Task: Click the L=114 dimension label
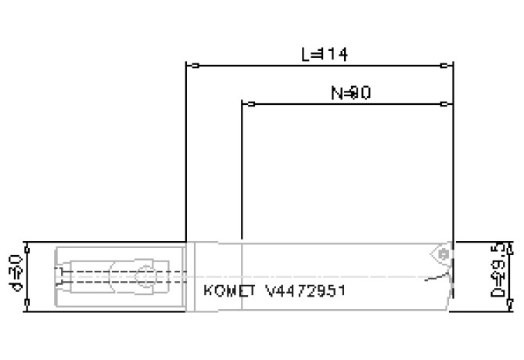pos(324,55)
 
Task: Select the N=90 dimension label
pos(350,93)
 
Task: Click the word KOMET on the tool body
pos(231,290)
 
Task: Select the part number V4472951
pos(306,290)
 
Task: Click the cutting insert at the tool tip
pos(440,254)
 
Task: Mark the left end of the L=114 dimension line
pos(186,65)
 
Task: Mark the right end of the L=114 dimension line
pos(453,65)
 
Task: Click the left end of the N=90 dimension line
pos(243,103)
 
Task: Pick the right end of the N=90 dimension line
pos(453,103)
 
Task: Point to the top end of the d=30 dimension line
pos(27,243)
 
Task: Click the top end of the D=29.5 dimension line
pos(514,243)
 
